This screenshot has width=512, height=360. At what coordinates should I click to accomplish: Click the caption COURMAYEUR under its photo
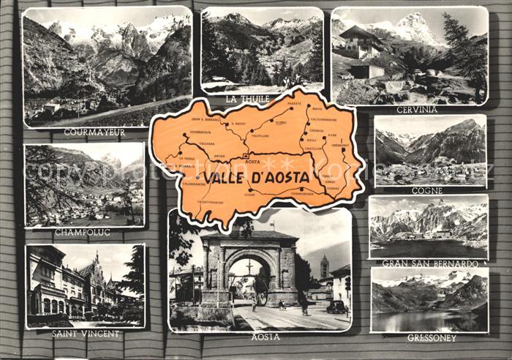point(94,132)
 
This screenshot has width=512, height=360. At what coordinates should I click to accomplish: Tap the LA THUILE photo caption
point(248,99)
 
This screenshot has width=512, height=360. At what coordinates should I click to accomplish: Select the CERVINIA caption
point(416,110)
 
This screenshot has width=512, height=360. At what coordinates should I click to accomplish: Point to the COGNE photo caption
point(427,191)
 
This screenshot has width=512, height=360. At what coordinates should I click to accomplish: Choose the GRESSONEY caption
point(432,338)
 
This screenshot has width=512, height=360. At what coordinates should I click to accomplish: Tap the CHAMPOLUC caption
point(82,233)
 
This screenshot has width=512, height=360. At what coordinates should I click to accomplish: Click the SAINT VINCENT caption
point(86,334)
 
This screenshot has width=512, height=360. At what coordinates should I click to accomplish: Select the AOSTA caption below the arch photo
point(266,337)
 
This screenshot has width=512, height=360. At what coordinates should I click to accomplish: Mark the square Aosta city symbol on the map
point(246,157)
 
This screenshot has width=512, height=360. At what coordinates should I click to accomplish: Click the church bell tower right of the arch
point(324,266)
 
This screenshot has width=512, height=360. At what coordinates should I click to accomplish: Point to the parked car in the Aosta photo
point(336,307)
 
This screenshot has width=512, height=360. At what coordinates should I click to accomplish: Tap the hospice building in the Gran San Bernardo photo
point(443,234)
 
